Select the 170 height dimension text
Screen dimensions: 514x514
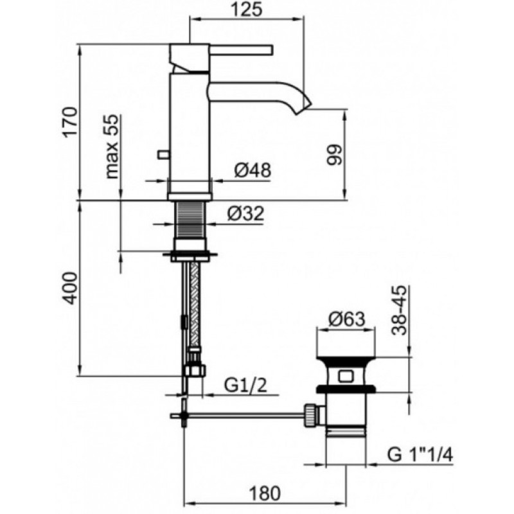coord(71,121)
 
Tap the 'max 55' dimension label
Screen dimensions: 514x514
coord(112,146)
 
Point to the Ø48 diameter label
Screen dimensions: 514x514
coord(253,170)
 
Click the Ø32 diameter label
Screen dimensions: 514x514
coord(245,214)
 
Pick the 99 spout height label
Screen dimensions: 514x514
coord(335,154)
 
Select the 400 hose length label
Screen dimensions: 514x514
coord(71,288)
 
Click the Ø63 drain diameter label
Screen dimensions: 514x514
coord(347,318)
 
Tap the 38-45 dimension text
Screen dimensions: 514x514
coord(399,310)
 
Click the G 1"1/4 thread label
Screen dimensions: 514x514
coord(420,455)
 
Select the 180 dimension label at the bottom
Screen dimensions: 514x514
coord(265,493)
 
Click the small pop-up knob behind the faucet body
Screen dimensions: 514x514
coord(163,154)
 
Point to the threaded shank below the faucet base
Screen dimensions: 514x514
coord(191,220)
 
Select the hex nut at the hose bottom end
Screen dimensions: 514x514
coord(195,371)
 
